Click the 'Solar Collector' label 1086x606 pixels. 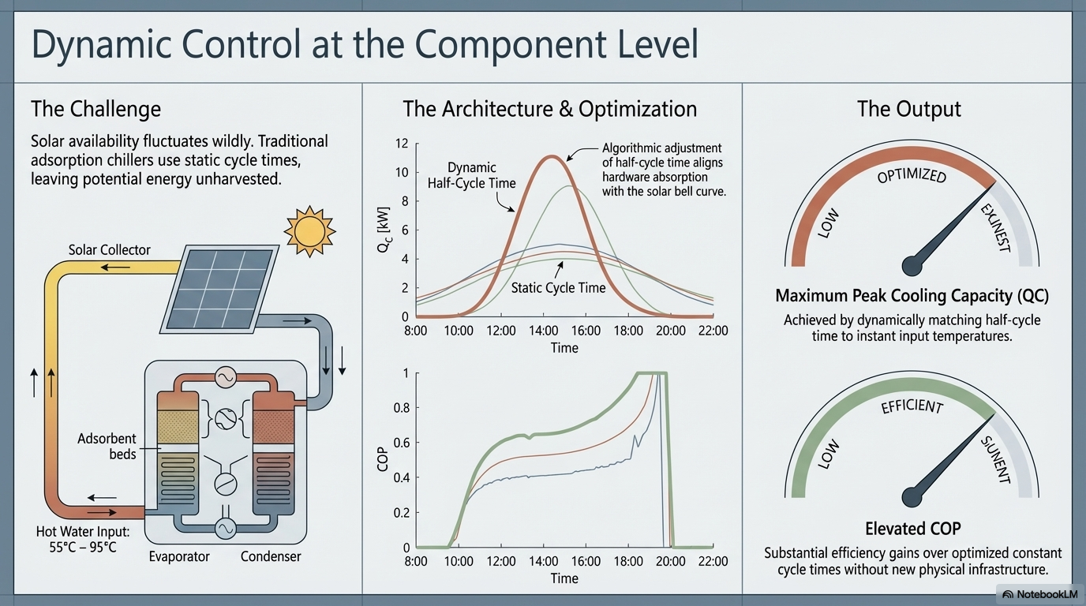click(x=109, y=250)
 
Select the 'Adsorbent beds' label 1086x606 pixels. click(x=107, y=446)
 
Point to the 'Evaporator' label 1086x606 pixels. click(x=179, y=556)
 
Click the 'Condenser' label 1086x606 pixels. click(x=271, y=556)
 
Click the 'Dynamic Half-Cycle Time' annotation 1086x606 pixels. click(x=471, y=175)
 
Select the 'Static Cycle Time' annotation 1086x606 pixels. click(x=558, y=288)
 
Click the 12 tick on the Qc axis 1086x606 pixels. click(x=402, y=144)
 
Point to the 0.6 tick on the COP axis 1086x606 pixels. click(x=402, y=443)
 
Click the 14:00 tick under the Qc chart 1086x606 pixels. click(x=543, y=331)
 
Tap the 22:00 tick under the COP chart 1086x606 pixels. click(x=713, y=561)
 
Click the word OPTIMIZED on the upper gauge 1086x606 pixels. click(x=912, y=174)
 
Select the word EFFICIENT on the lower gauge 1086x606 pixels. click(x=912, y=407)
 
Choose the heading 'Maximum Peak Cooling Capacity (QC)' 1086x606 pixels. click(x=912, y=296)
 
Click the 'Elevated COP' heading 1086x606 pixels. click(x=912, y=528)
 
